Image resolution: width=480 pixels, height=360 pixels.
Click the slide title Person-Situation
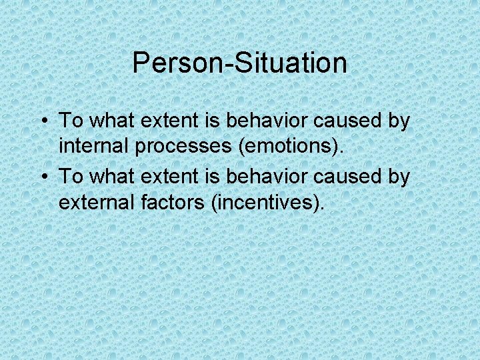pos(239,63)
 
